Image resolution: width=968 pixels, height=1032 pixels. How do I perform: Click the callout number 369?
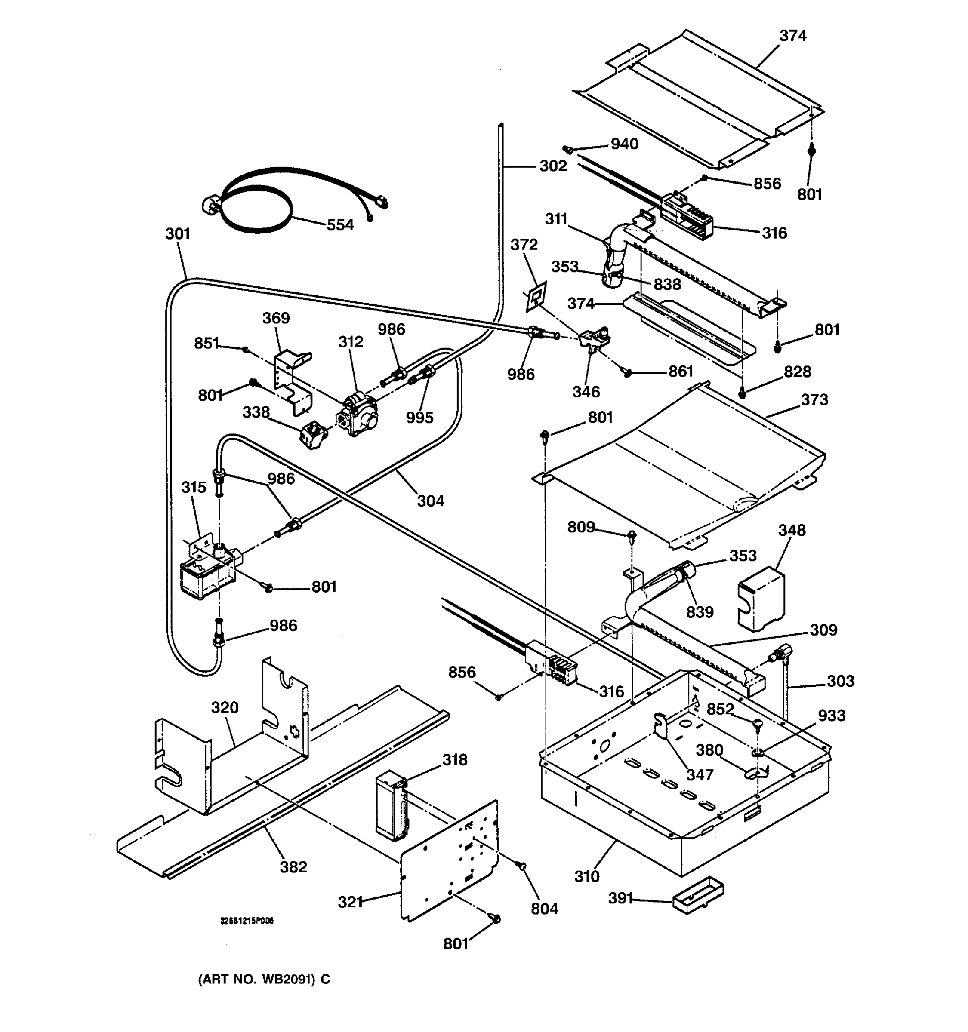[x=276, y=318]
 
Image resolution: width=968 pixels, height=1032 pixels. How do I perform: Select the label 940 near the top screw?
[x=624, y=144]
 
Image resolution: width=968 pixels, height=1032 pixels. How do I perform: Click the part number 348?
[x=792, y=530]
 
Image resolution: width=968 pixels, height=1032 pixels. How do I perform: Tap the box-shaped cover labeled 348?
[x=761, y=599]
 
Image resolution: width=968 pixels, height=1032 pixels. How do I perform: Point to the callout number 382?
[x=293, y=866]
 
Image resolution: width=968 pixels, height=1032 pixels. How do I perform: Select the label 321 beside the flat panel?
[x=351, y=902]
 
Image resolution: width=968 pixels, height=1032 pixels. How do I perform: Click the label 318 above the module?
[x=454, y=759]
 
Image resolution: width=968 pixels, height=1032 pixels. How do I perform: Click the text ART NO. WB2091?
[x=264, y=979]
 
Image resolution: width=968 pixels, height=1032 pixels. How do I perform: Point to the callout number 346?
[x=586, y=391]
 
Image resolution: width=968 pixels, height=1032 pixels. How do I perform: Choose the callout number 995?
[x=419, y=418]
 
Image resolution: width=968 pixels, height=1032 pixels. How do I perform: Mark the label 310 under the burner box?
[x=587, y=876]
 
